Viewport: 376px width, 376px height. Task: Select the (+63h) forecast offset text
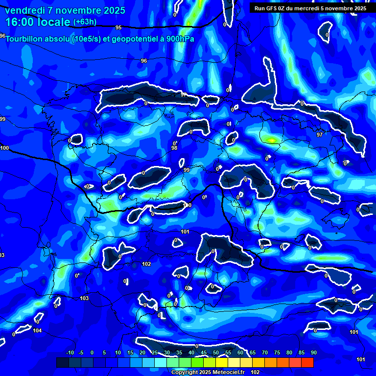pos(85,22)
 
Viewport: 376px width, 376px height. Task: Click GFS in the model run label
pos(278,8)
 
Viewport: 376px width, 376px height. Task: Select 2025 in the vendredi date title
pos(114,10)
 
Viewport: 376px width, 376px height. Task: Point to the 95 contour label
pos(118,28)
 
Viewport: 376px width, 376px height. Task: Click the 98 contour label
pos(174,148)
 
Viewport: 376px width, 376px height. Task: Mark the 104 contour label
pos(37,330)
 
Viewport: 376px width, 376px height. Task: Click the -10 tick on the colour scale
pos(70,353)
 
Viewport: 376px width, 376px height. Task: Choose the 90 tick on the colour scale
pos(313,353)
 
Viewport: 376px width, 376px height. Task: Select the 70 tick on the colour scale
pos(264,353)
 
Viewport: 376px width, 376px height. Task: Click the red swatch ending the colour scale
pos(307,362)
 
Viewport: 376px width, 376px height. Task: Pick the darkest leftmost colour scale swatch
pos(62,362)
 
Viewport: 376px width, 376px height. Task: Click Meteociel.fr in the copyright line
pos(230,373)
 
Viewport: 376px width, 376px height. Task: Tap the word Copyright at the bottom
pos(185,373)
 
